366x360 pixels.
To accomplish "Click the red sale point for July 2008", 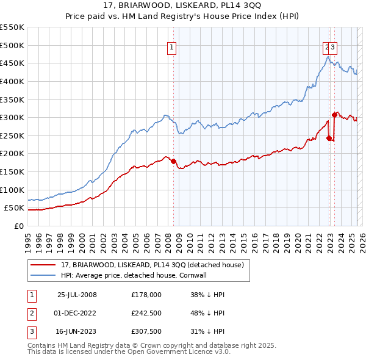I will click(173, 161).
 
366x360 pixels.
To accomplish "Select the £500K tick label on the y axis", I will click(12, 45).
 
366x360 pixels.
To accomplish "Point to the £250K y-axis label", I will click(12, 135).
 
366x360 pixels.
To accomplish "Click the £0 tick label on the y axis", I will click(18, 226).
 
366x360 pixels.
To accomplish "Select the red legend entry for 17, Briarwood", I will click(152, 265).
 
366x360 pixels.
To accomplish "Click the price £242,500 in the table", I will click(146, 313).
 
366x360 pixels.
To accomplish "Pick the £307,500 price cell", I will click(146, 331).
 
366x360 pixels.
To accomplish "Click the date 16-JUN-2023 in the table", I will click(77, 331).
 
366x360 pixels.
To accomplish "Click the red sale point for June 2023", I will click(334, 115).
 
